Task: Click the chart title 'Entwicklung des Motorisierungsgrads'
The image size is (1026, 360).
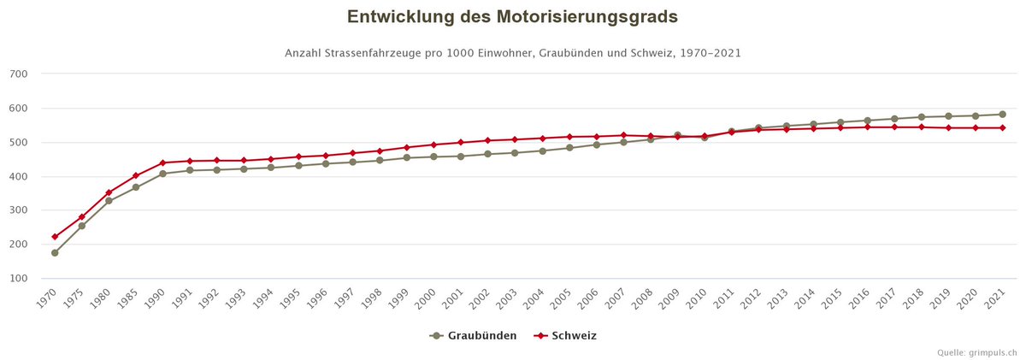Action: point(512,17)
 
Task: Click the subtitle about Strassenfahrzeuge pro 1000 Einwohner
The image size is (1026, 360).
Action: point(512,53)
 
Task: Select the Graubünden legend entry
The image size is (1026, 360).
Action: point(474,336)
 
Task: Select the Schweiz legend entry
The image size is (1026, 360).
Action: point(565,336)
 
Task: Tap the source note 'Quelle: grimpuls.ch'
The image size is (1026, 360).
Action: point(976,351)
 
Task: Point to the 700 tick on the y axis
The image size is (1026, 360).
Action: point(20,74)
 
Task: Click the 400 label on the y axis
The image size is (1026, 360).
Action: point(20,177)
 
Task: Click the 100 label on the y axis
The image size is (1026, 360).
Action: point(20,279)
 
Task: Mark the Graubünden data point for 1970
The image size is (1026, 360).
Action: point(55,253)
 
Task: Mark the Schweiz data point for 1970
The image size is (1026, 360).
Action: point(55,237)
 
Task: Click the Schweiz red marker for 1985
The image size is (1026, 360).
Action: point(136,175)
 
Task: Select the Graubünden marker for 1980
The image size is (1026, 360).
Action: point(109,201)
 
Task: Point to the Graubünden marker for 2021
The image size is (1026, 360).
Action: point(1003,115)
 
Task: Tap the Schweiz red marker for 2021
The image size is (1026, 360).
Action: point(1003,127)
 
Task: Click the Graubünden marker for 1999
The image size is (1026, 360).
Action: point(407,157)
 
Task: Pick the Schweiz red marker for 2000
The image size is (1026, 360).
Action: point(434,145)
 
